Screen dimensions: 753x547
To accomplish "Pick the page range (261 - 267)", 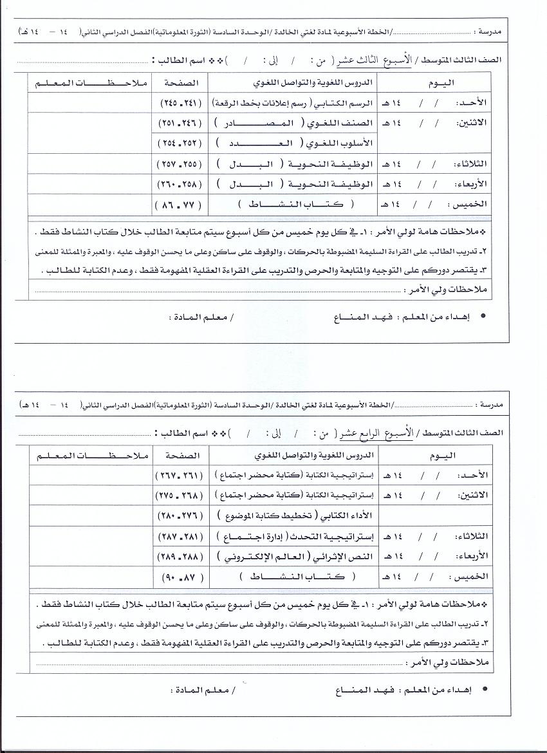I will pos(178,474).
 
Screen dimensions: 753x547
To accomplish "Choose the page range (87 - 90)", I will pos(178,577).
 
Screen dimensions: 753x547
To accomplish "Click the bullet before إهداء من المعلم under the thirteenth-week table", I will pos(483,317).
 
